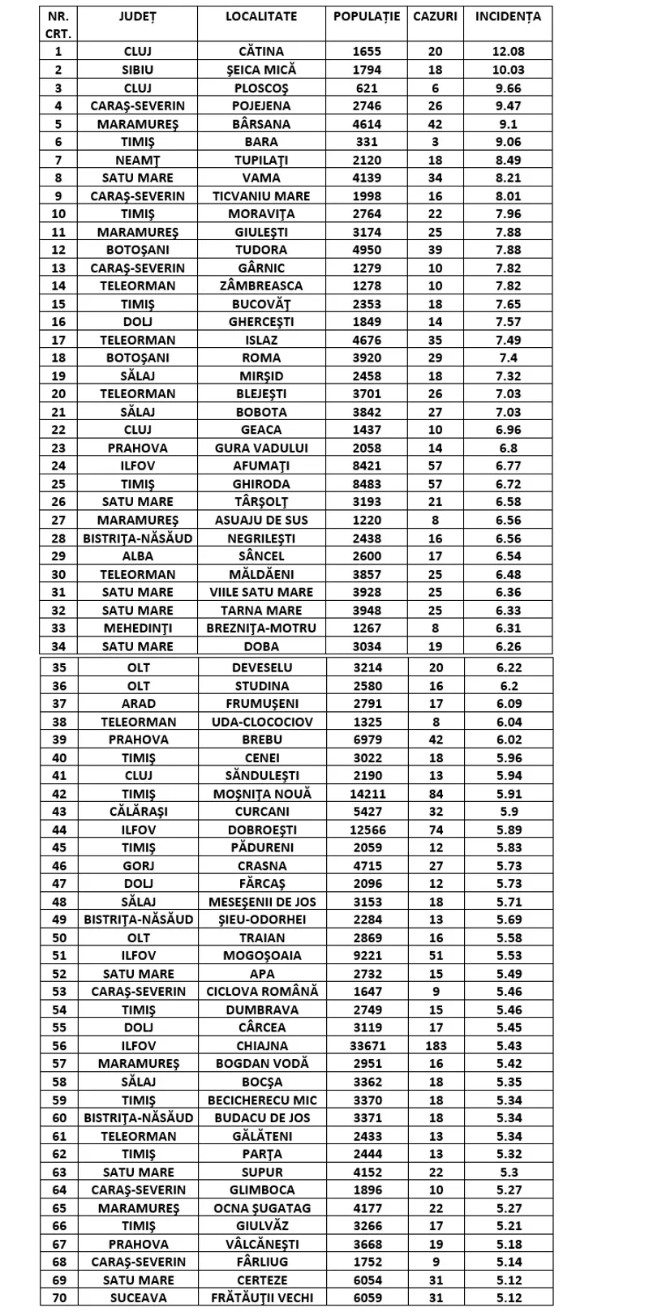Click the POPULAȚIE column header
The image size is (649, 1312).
click(x=366, y=16)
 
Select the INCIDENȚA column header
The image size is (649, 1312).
click(x=508, y=16)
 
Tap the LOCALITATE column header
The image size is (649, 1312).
click(x=261, y=16)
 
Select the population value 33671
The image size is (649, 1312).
click(x=366, y=1045)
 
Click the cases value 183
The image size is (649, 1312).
click(x=436, y=1045)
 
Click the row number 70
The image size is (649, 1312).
click(x=58, y=1297)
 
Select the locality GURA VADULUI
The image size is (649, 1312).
click(x=261, y=448)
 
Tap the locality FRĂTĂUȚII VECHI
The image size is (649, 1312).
click(x=261, y=1297)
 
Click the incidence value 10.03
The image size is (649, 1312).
click(x=508, y=70)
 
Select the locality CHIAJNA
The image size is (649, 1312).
click(x=261, y=1045)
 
